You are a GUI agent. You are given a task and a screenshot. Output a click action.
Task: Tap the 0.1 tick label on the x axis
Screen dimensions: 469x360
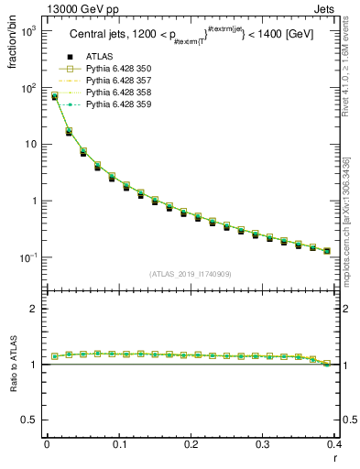coord(118,444)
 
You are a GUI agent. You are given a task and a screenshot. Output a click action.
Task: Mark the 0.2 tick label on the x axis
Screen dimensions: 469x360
coord(191,444)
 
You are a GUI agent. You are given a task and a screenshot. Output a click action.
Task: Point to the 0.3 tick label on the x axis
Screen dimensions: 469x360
coord(263,444)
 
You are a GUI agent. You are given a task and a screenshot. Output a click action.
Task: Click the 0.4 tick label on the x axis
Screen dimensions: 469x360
coord(334,444)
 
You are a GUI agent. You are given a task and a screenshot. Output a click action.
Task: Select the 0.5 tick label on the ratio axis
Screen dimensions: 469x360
coord(30,420)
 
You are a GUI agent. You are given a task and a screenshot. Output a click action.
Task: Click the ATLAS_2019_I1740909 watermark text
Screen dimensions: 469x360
coord(190,274)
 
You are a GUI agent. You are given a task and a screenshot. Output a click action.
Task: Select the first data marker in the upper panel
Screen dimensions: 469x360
coord(54,95)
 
